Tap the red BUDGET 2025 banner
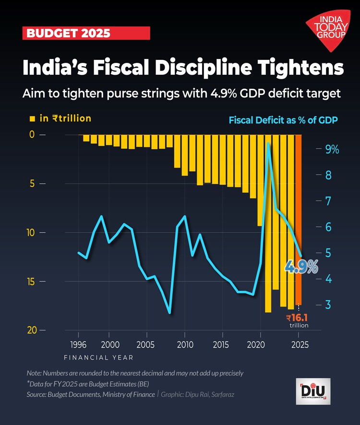pos(86,33)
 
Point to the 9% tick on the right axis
pos(332,150)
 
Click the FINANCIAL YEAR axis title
pos(98,358)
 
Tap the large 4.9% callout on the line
pos(301,266)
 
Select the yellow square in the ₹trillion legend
pos(33,118)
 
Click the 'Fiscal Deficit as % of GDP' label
pos(283,119)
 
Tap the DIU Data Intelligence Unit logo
pos(312,391)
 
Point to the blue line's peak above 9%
pos(268,143)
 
